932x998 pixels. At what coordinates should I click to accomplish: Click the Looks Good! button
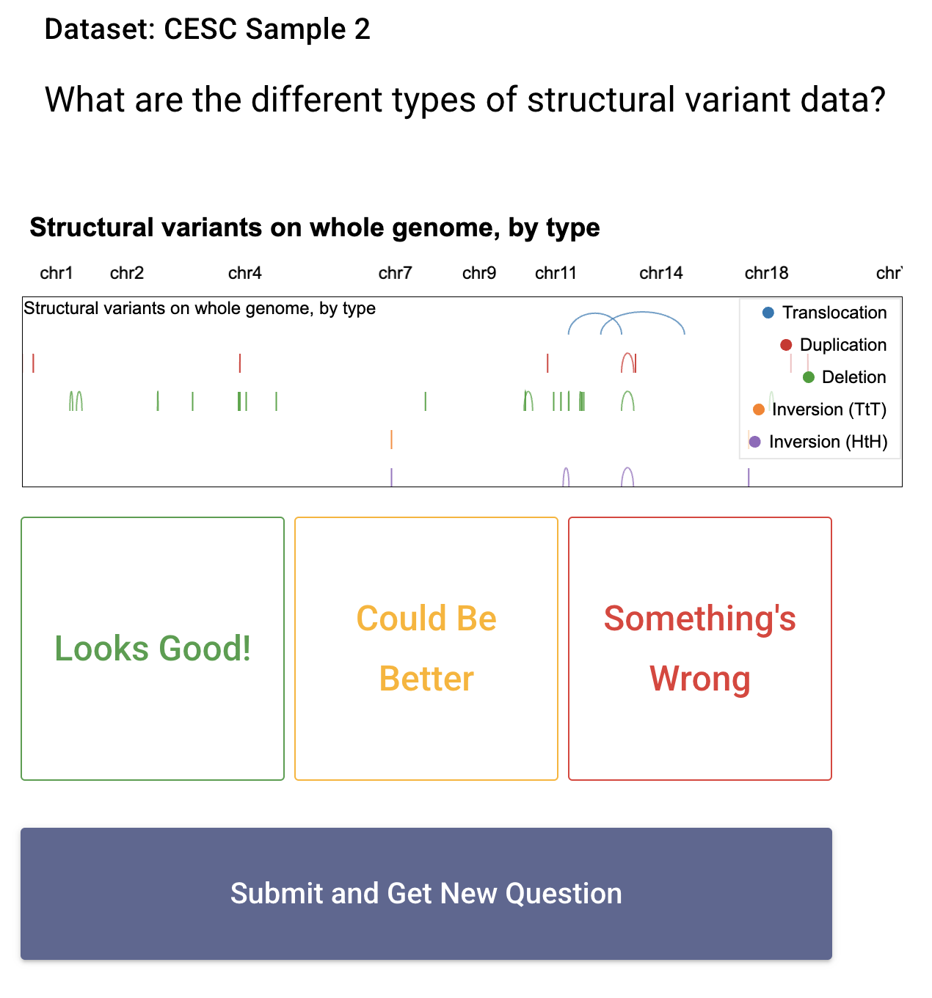pyautogui.click(x=153, y=648)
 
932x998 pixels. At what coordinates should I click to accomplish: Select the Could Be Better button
pyautogui.click(x=426, y=648)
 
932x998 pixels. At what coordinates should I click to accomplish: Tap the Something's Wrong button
pyautogui.click(x=700, y=648)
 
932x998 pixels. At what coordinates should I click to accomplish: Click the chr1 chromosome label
pyautogui.click(x=57, y=273)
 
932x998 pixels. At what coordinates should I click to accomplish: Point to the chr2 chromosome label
pyautogui.click(x=127, y=273)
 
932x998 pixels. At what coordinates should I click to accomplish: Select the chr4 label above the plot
pyautogui.click(x=245, y=273)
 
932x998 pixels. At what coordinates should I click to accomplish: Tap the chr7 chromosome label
pyautogui.click(x=395, y=273)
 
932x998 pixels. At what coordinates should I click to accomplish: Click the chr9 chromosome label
pyautogui.click(x=479, y=273)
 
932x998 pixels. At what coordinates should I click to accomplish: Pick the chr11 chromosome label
pyautogui.click(x=556, y=273)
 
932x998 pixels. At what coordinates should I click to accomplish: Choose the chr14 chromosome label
pyautogui.click(x=661, y=273)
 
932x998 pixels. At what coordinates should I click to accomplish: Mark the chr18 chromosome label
pyautogui.click(x=766, y=273)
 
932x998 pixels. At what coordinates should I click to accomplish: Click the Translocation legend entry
pyautogui.click(x=824, y=313)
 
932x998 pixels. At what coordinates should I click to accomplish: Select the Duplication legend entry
pyautogui.click(x=833, y=345)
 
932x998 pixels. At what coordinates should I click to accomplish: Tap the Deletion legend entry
pyautogui.click(x=845, y=377)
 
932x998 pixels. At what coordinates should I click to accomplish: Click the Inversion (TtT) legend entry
pyautogui.click(x=820, y=409)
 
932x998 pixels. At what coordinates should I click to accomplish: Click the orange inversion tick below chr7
pyautogui.click(x=391, y=440)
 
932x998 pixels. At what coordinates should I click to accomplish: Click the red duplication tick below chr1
pyautogui.click(x=33, y=363)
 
